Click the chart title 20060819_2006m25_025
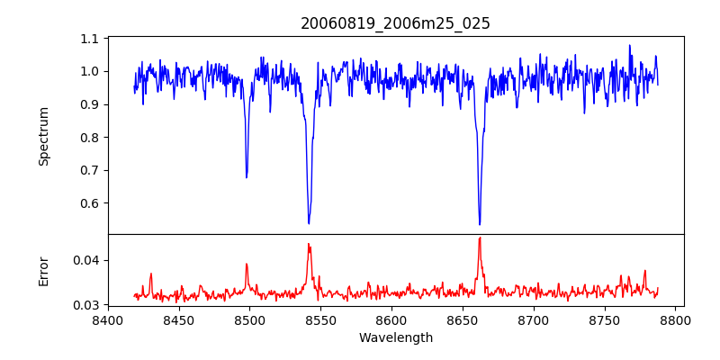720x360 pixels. [395, 23]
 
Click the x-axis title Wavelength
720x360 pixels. [395, 337]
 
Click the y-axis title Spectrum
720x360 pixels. [43, 136]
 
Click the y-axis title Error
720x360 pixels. [43, 270]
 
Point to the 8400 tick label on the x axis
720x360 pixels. [108, 319]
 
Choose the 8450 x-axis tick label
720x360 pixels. [179, 319]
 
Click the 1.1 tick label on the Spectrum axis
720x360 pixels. [90, 40]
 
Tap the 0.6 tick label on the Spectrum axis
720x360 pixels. [90, 203]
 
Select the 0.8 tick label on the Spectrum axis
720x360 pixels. [90, 138]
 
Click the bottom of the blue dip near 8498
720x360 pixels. [247, 177]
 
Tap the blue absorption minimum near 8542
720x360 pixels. [309, 223]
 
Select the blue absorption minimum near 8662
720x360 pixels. [480, 224]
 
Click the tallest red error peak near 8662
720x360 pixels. [480, 238]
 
